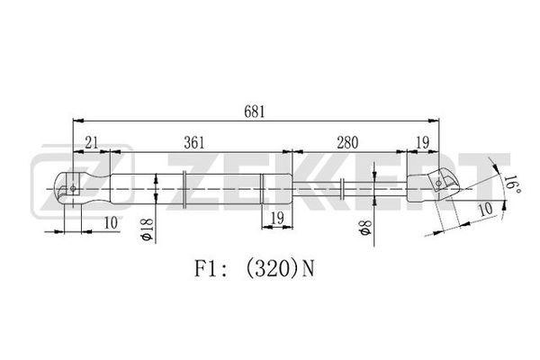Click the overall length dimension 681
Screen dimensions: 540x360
click(255, 112)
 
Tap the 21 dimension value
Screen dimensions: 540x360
click(92, 142)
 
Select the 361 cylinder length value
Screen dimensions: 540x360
click(193, 142)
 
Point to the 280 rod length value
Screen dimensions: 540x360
click(347, 142)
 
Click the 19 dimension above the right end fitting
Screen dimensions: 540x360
click(423, 142)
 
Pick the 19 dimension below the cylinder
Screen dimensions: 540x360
click(277, 218)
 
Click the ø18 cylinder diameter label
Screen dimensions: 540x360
click(148, 229)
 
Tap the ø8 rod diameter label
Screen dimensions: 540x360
click(365, 227)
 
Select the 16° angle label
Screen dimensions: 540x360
click(512, 185)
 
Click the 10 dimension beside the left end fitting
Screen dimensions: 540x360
click(111, 223)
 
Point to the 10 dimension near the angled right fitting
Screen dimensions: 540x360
click(486, 209)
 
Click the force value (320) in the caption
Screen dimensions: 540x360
click(272, 269)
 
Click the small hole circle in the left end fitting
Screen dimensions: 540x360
click(73, 188)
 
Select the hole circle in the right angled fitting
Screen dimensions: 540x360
click(438, 183)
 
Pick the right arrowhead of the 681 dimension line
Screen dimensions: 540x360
click(434, 121)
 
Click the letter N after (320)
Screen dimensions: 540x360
click(308, 269)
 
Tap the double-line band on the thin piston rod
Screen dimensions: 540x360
click(342, 188)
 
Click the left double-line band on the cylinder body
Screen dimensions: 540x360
click(184, 189)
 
